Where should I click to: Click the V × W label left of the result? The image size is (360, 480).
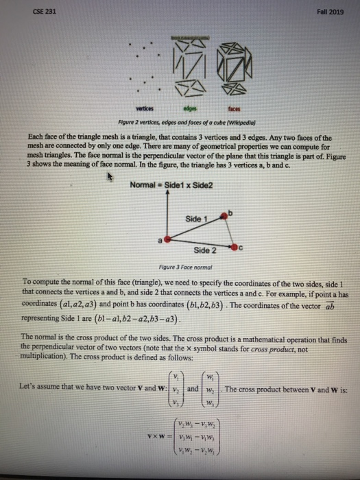tap(149, 436)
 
